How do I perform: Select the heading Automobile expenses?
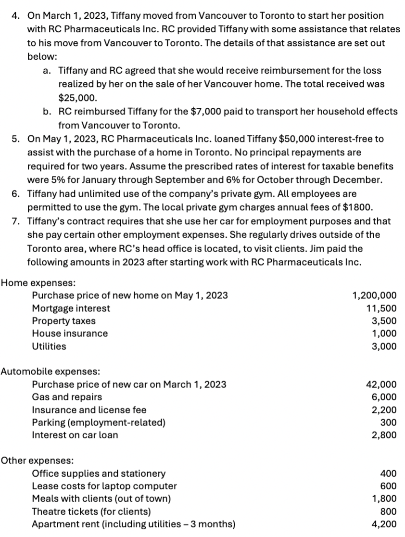pos(51,371)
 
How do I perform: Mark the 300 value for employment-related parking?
pos(388,422)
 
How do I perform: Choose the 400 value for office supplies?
pos(388,473)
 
